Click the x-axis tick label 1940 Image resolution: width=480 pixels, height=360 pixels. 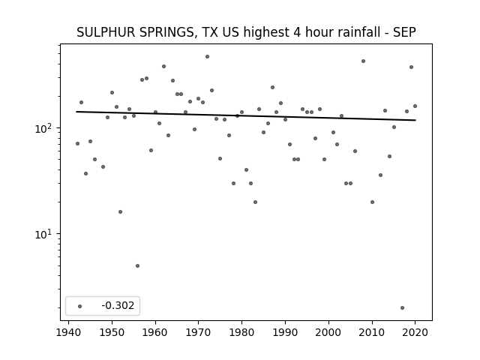68,332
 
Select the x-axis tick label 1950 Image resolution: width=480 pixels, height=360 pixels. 112,332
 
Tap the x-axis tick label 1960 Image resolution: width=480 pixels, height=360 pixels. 155,332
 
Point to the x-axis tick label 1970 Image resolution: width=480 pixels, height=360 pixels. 198,332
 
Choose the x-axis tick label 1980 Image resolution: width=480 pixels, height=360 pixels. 241,332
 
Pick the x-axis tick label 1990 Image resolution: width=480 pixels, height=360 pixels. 285,332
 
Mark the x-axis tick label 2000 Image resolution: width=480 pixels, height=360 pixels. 328,332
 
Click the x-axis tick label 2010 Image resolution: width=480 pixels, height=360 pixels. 372,332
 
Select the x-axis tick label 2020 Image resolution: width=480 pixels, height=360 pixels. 415,332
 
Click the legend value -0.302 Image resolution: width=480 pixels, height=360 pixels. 118,305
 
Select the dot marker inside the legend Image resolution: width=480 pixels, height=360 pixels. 79,306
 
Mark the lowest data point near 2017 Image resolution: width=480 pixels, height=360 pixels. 402,307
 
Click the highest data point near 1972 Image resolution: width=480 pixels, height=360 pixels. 207,57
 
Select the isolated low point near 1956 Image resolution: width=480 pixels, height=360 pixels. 137,265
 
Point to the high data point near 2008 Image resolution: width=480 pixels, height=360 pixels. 363,61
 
